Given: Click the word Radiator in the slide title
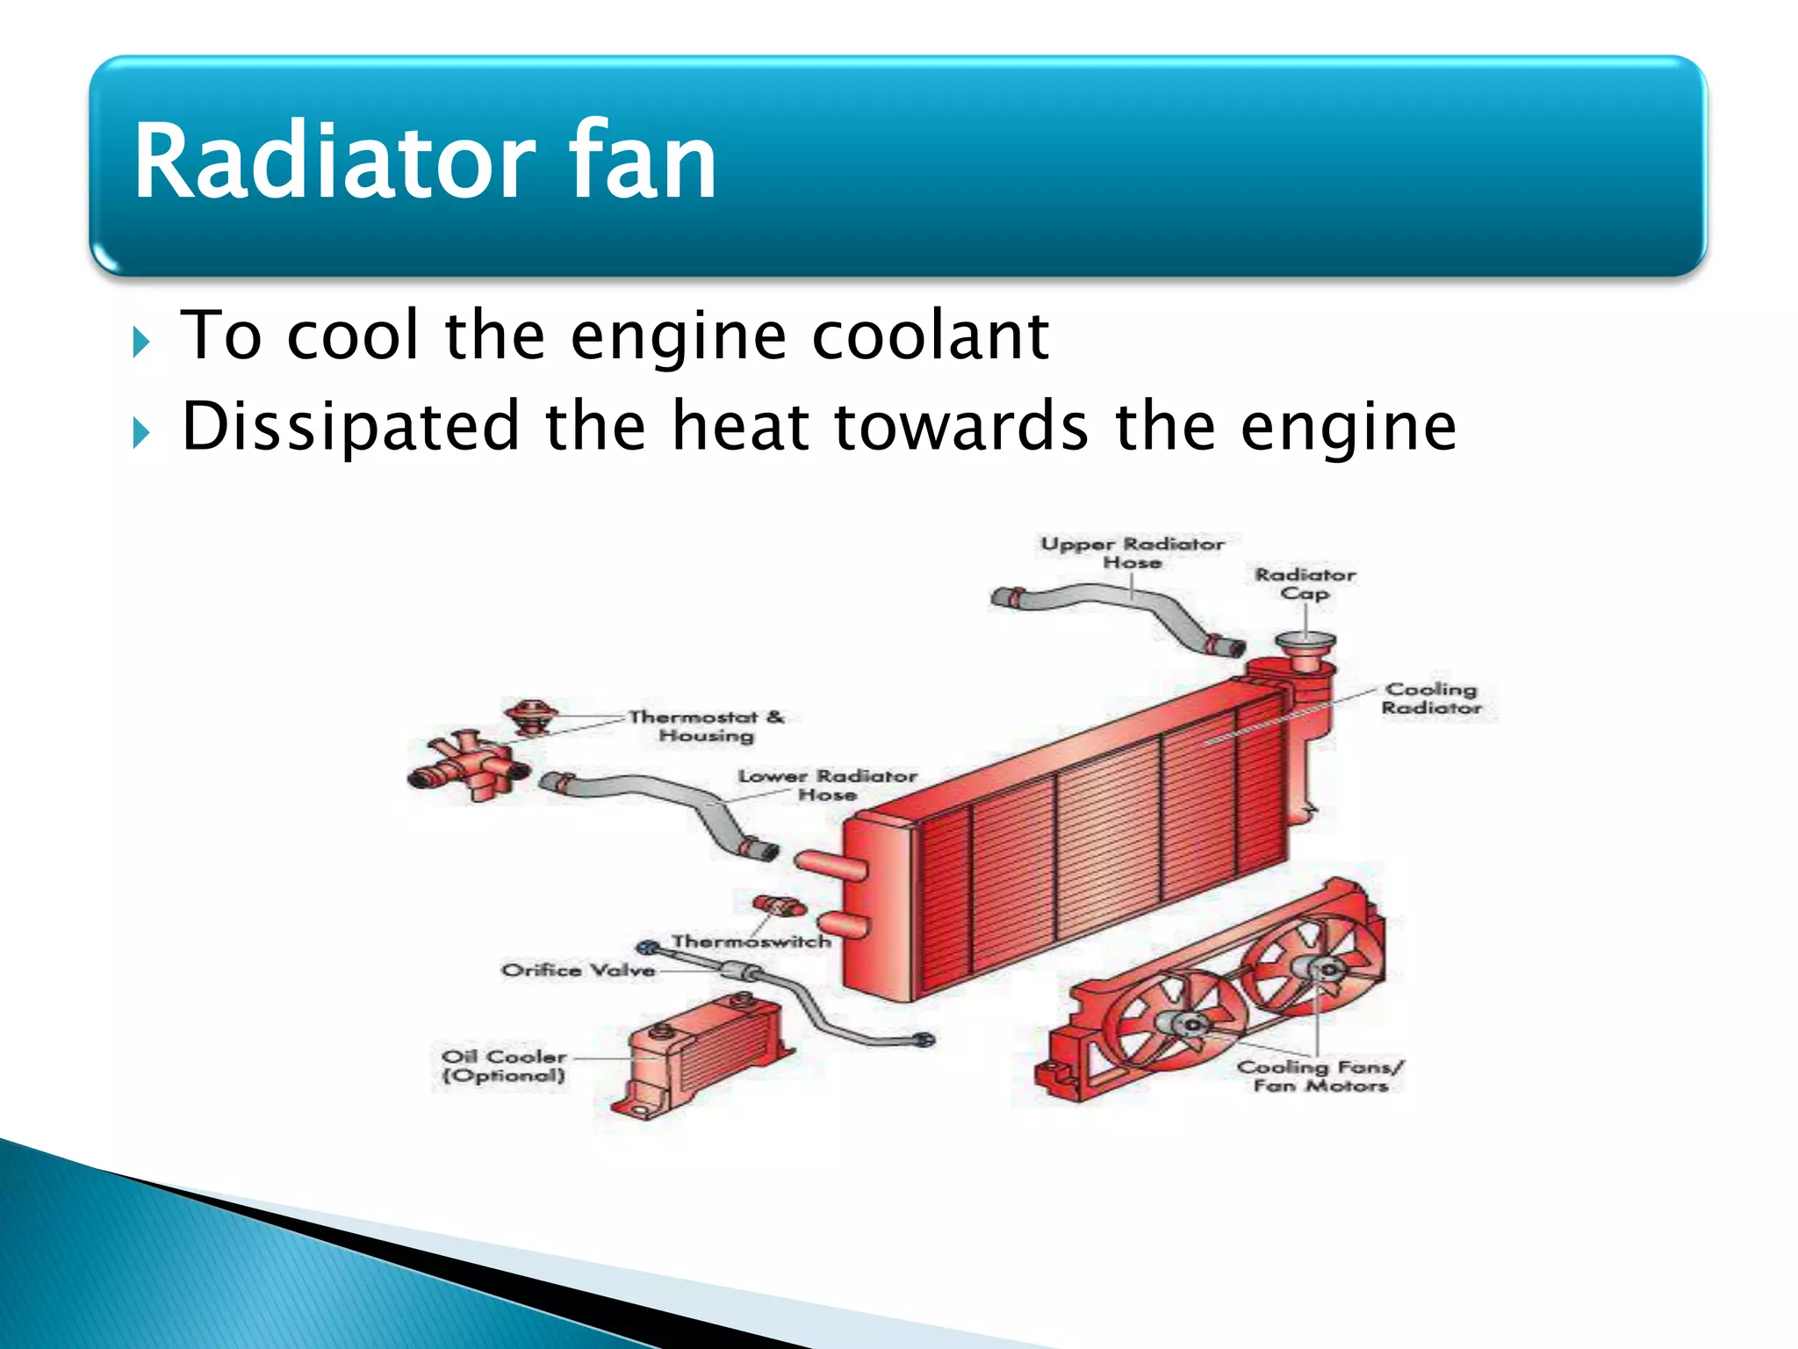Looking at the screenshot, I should pyautogui.click(x=334, y=162).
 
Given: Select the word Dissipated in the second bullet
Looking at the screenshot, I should pyautogui.click(x=351, y=427).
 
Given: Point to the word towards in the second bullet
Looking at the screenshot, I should pyautogui.click(x=961, y=427).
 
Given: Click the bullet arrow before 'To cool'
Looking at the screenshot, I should pyautogui.click(x=140, y=342).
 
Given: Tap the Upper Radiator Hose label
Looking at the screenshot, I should pyautogui.click(x=1132, y=552).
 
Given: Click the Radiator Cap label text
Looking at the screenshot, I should pyautogui.click(x=1305, y=584).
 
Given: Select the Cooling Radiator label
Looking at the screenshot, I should pyautogui.click(x=1431, y=698).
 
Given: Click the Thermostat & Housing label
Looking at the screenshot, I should pyautogui.click(x=707, y=726).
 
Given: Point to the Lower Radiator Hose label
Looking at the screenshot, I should pyautogui.click(x=827, y=785).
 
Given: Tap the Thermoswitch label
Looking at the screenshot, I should pyautogui.click(x=752, y=941).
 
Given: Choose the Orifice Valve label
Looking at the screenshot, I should pyautogui.click(x=579, y=970).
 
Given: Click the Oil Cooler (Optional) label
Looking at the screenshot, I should pyautogui.click(x=504, y=1066).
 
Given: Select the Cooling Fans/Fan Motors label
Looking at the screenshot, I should pyautogui.click(x=1320, y=1077).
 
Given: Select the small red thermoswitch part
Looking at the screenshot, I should pyautogui.click(x=780, y=905).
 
